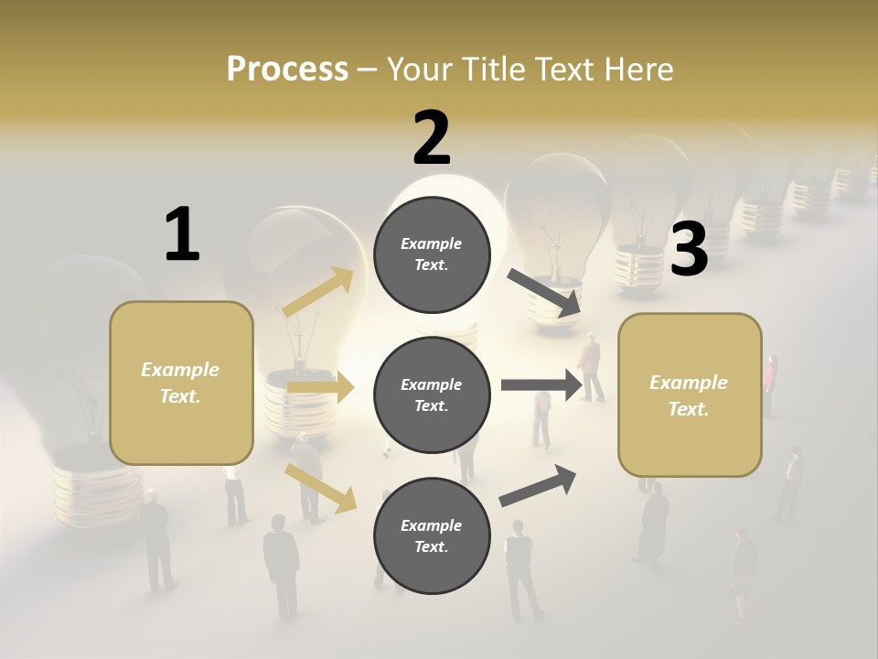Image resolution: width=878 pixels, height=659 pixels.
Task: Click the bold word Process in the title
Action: (287, 69)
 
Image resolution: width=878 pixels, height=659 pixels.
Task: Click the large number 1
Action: (182, 235)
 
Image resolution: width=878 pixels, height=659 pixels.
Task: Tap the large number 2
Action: (432, 138)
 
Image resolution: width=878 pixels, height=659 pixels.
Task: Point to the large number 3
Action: (690, 250)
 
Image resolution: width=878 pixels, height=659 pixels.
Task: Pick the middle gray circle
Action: (432, 394)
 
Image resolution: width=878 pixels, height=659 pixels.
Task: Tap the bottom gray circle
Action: (432, 535)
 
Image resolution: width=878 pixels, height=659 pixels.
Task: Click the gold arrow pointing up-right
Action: (318, 292)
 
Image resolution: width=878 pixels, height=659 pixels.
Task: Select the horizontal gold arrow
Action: (320, 388)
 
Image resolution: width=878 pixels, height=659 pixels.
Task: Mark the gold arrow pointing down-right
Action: (320, 487)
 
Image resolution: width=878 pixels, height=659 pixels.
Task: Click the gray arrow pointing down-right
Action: (545, 292)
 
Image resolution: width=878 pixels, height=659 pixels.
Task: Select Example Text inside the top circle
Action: (432, 254)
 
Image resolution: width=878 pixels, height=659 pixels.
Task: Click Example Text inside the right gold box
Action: (689, 395)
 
